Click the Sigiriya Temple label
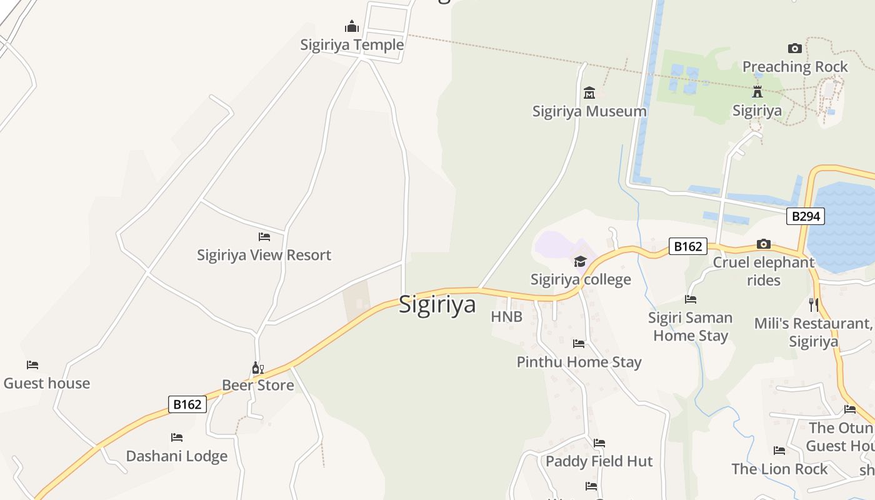point(352,45)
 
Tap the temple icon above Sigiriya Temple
point(352,27)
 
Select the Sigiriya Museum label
point(589,111)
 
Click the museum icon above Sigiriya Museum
point(589,93)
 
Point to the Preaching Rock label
point(795,66)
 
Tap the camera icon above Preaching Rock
point(795,48)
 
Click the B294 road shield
point(806,216)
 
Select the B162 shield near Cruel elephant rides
point(687,246)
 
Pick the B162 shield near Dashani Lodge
point(187,404)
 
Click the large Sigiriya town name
point(437,304)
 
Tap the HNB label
point(506,317)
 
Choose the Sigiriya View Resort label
point(264,255)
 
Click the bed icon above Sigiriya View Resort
point(264,237)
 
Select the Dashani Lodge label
point(177,456)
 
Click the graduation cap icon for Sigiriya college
point(581,261)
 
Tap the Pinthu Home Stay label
point(579,362)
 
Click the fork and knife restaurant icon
point(813,305)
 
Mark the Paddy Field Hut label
point(599,461)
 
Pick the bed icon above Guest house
point(32,365)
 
